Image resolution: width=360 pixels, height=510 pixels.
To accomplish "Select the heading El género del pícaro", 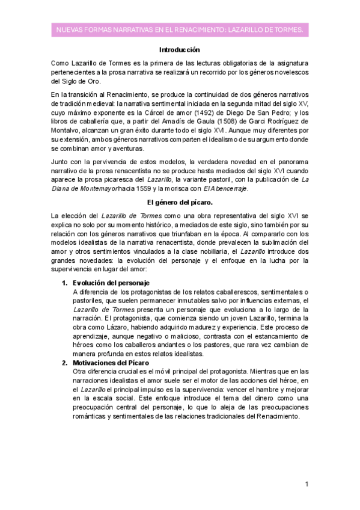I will coord(179,203).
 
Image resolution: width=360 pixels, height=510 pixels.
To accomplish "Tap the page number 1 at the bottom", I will coord(307,484).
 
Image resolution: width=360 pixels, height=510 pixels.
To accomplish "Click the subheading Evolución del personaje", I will coord(111,283).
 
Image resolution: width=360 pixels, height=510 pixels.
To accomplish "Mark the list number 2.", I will coord(65,363).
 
